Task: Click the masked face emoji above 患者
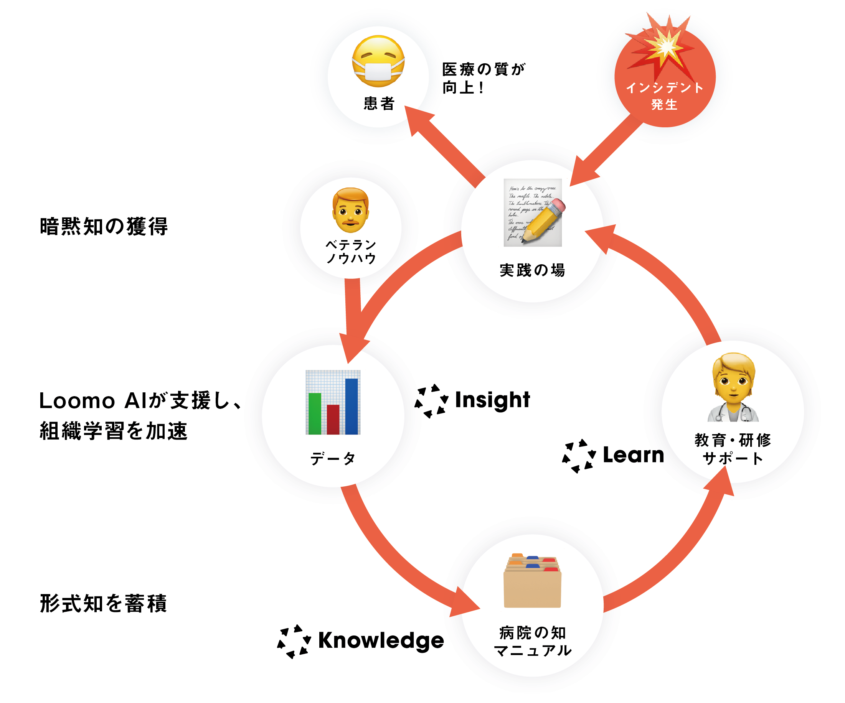tap(378, 61)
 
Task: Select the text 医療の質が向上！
tap(483, 78)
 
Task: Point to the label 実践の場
tap(532, 270)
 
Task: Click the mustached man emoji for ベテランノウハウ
tap(350, 210)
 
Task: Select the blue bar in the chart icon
tap(351, 406)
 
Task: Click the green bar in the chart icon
tap(315, 413)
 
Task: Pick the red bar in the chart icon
tap(333, 420)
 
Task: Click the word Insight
tap(492, 400)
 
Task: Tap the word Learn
tap(633, 455)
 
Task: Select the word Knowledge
tap(381, 640)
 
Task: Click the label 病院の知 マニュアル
tap(532, 642)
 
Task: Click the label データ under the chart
tap(333, 458)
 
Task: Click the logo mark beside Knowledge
tap(294, 641)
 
